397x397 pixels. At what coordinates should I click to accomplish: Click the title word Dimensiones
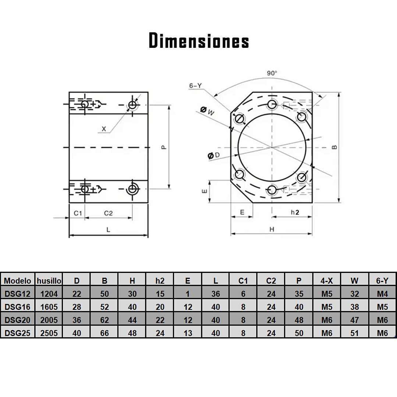tap(199, 40)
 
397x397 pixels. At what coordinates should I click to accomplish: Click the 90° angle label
tap(272, 73)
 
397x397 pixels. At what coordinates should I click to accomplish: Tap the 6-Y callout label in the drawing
tap(195, 86)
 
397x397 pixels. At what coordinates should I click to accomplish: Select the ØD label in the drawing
tap(213, 156)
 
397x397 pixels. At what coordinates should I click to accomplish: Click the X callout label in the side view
tap(104, 129)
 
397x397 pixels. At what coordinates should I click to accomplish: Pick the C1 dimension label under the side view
tap(77, 213)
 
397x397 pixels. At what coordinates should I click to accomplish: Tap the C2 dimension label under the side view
tap(108, 213)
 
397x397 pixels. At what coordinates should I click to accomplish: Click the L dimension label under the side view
tap(108, 230)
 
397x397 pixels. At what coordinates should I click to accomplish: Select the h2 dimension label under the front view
tap(294, 212)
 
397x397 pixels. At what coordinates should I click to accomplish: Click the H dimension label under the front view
tap(272, 230)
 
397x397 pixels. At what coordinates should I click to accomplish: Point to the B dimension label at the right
tap(334, 147)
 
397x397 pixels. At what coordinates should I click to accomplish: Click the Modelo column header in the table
tap(17, 281)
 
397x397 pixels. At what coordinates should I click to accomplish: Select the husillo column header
tap(49, 281)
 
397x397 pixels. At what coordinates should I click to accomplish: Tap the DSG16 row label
tap(17, 307)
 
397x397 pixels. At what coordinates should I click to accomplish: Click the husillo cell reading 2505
tap(49, 333)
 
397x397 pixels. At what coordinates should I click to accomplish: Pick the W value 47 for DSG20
tap(354, 320)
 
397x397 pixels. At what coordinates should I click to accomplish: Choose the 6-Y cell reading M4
tap(383, 294)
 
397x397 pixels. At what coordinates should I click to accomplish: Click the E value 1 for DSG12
tap(188, 294)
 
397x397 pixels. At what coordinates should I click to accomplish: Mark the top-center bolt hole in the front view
tap(272, 104)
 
